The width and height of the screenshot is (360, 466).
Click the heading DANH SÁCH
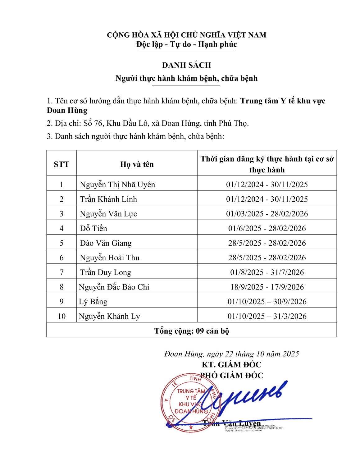click(x=186, y=65)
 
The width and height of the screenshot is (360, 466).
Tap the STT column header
click(x=62, y=164)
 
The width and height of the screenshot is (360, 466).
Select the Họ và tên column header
click(x=137, y=164)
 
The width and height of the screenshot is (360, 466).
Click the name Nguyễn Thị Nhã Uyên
click(x=117, y=185)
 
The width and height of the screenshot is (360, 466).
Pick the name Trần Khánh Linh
click(x=108, y=199)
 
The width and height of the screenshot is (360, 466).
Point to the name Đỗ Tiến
click(x=93, y=228)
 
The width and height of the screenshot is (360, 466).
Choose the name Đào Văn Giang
click(x=106, y=243)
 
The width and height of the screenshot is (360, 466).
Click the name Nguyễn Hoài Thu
click(x=110, y=258)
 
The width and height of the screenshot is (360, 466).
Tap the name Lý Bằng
click(x=93, y=302)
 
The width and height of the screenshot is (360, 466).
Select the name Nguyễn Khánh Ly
click(x=109, y=316)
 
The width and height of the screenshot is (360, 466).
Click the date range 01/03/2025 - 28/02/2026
click(x=267, y=214)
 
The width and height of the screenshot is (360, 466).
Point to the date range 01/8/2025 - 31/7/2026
click(x=267, y=272)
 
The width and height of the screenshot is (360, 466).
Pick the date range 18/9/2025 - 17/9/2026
click(x=267, y=287)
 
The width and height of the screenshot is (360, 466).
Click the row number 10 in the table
click(x=62, y=316)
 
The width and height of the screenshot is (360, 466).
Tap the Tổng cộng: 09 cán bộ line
click(x=192, y=331)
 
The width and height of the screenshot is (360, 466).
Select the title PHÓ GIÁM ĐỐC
click(x=231, y=376)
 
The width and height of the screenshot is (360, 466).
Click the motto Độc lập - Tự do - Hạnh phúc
click(x=186, y=44)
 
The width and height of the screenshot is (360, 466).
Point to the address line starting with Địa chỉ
click(x=148, y=123)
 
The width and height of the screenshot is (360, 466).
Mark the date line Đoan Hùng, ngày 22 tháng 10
click(x=231, y=354)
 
